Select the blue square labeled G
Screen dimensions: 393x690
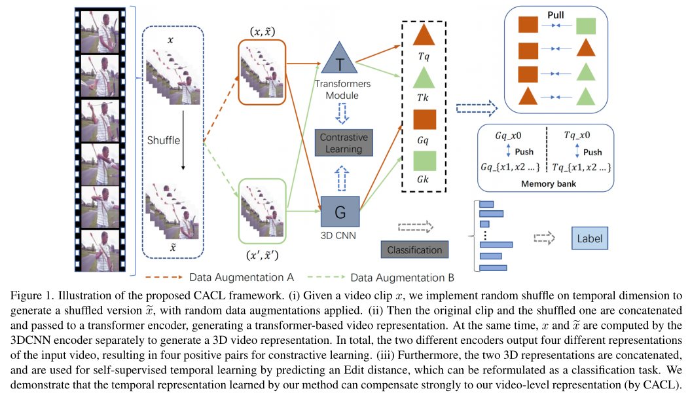[340, 212]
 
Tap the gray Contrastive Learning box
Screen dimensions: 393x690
[344, 143]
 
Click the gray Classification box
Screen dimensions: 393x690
[414, 250]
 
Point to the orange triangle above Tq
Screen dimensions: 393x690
[424, 36]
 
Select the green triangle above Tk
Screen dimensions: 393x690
[424, 78]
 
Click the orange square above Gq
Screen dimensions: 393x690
[424, 121]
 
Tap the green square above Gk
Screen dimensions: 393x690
[424, 161]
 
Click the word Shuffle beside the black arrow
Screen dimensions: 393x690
[164, 140]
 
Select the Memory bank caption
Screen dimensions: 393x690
[549, 184]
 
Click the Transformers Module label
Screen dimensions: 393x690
[342, 90]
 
